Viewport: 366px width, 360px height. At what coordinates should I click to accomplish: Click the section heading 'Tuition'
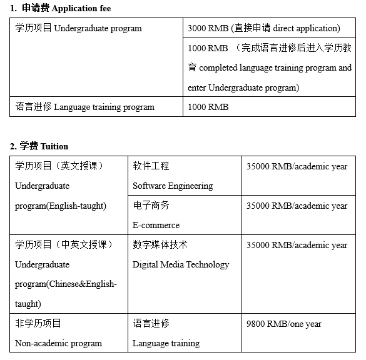click(x=54, y=146)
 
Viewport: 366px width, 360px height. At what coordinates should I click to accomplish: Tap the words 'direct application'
click(x=304, y=28)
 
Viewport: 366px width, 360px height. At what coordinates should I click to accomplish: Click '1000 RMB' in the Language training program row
click(x=208, y=107)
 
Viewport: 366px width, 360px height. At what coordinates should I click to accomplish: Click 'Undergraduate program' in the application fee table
click(x=98, y=28)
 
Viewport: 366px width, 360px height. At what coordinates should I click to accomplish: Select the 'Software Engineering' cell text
click(x=173, y=186)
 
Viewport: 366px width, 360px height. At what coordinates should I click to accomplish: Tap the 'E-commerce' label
click(x=156, y=225)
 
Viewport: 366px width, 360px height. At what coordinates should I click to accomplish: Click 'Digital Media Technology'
click(x=181, y=264)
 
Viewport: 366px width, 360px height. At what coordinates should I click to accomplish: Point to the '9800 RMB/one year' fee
click(x=284, y=324)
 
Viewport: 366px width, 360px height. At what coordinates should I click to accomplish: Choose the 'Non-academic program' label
click(x=58, y=343)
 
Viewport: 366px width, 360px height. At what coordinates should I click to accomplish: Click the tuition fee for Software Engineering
click(x=297, y=166)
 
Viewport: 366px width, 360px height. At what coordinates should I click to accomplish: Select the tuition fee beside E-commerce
click(x=297, y=206)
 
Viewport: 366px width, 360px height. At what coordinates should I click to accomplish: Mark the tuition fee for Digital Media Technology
click(x=297, y=245)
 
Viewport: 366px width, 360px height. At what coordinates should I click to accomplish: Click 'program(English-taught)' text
click(x=61, y=206)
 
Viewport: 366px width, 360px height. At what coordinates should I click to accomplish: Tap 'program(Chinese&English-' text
click(x=66, y=284)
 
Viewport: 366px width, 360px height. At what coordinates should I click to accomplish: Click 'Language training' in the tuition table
click(x=166, y=343)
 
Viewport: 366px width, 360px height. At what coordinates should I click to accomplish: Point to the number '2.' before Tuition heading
click(x=13, y=146)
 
